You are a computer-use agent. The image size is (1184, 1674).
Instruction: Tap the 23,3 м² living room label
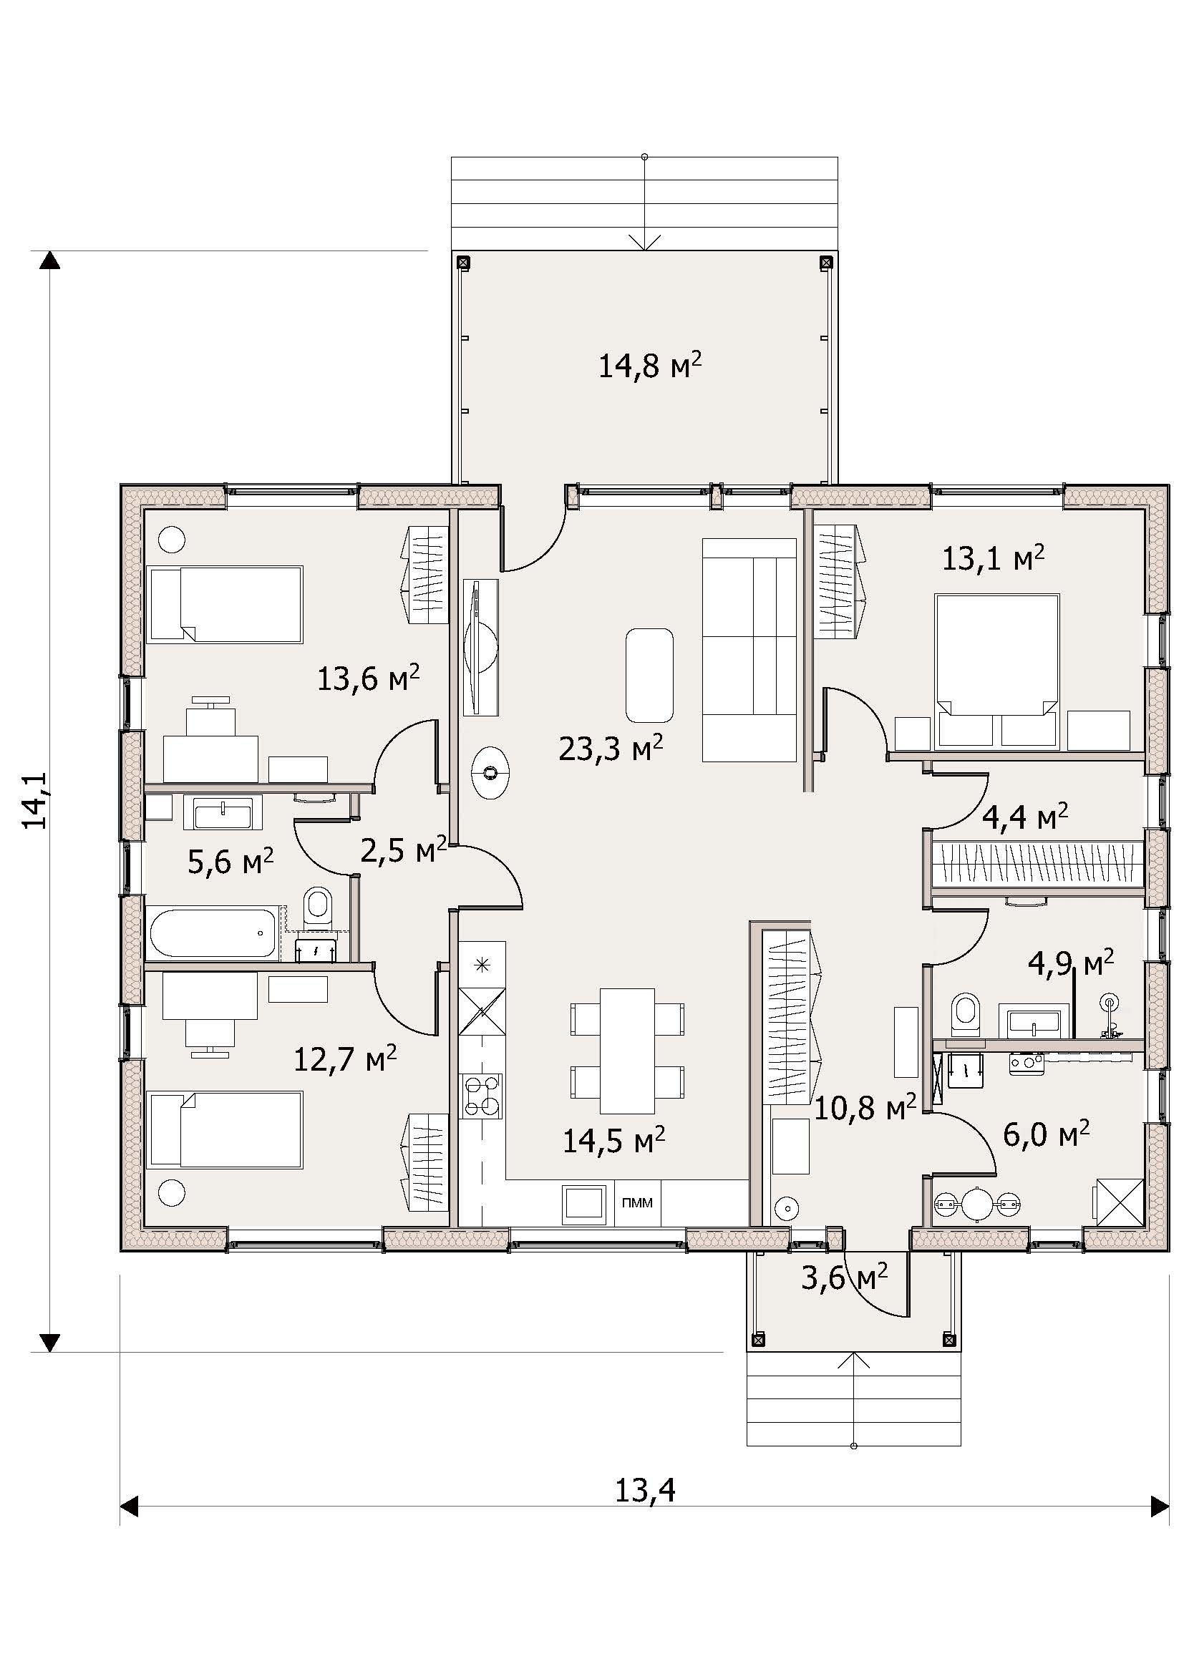tap(611, 747)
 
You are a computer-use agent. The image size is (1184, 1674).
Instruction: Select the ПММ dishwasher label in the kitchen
tap(637, 1202)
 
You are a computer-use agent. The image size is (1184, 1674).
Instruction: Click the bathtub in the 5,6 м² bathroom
tap(213, 933)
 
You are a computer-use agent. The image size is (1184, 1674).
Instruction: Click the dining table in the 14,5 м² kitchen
tap(628, 1050)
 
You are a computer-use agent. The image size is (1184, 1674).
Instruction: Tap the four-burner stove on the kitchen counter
tap(481, 1095)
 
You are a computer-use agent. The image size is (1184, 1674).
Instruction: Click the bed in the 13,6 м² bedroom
tap(225, 605)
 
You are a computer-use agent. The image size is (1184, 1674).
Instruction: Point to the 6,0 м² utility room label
tap(1047, 1134)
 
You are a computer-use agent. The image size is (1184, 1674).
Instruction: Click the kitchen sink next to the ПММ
tap(584, 1205)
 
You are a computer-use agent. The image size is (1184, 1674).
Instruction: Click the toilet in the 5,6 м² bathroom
tap(318, 906)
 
